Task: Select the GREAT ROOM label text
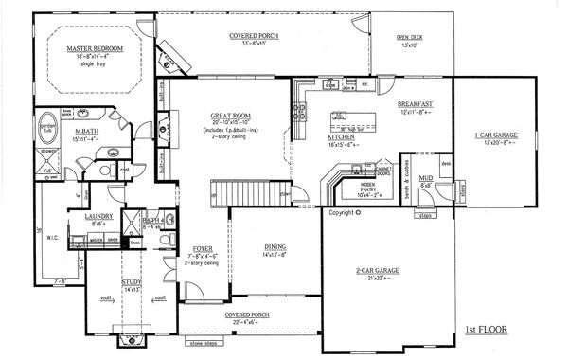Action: pos(229,117)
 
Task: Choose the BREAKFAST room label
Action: pos(416,103)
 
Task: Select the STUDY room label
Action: pos(130,280)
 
